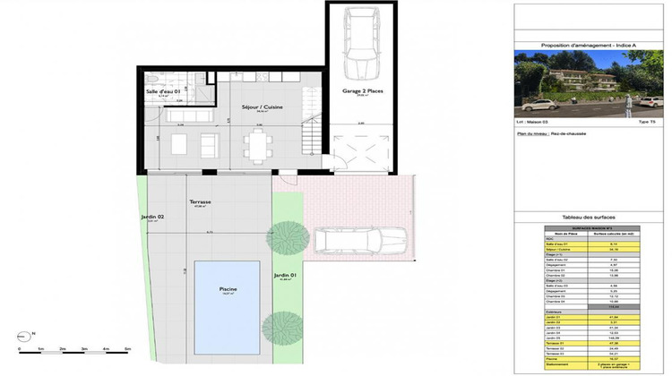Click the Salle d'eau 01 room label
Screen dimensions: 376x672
(x=164, y=90)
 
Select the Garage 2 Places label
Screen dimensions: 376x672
(x=358, y=91)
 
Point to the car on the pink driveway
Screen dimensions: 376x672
(x=359, y=239)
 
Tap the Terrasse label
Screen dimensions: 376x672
(x=200, y=203)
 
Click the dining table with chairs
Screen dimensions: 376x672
(x=260, y=143)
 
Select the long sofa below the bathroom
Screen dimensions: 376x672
(x=187, y=116)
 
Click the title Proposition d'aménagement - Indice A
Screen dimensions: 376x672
(x=586, y=44)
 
